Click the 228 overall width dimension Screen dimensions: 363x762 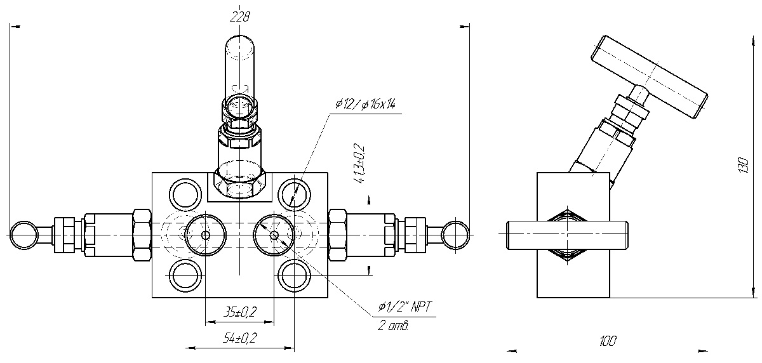241,17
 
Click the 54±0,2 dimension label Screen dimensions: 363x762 241,338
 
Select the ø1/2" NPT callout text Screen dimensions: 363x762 404,307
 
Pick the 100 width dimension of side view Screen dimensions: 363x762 607,341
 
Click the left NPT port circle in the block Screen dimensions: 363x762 204,235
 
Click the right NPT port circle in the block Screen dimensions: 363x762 274,235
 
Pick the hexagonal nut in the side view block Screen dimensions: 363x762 567,234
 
